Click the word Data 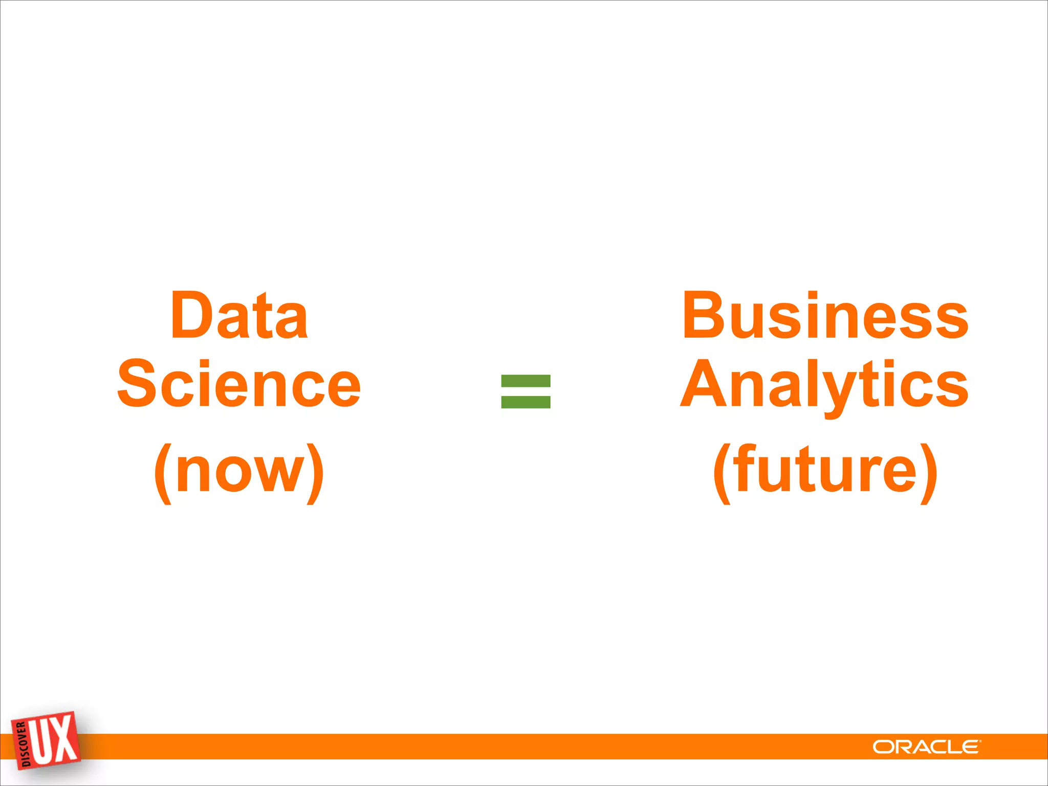pos(239,315)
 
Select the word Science pos(239,384)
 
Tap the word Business pos(825,315)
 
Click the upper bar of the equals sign pos(526,381)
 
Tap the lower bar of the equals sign pos(526,402)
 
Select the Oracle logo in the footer pos(927,747)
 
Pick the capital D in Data pos(190,315)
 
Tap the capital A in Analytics pos(705,384)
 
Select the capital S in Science pos(137,384)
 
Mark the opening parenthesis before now pos(162,473)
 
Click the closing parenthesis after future pos(928,473)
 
